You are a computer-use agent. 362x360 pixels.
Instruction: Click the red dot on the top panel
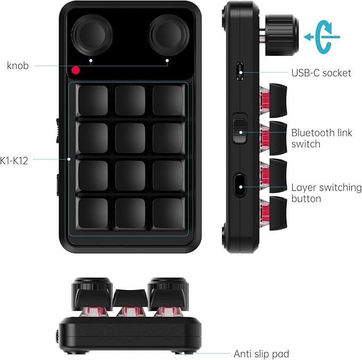(x=76, y=70)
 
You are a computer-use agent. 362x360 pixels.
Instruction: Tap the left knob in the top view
(x=92, y=35)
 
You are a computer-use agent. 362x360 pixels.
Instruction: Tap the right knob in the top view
(x=168, y=35)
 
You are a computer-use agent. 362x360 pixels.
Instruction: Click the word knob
(x=18, y=66)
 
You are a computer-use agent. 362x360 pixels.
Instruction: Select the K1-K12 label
(x=14, y=161)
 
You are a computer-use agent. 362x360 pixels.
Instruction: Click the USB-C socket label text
(x=321, y=73)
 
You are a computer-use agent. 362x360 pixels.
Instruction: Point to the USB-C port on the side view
(x=240, y=71)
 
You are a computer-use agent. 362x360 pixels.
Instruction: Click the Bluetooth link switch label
(x=321, y=138)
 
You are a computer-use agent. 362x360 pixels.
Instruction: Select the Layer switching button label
(x=326, y=193)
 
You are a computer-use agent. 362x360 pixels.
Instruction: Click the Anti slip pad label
(x=261, y=354)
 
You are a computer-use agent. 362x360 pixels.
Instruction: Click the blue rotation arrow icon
(x=322, y=37)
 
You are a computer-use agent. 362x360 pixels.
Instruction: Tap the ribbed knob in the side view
(x=282, y=35)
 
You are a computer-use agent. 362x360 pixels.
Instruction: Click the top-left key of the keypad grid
(x=93, y=100)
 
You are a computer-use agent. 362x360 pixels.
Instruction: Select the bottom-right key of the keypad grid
(x=167, y=213)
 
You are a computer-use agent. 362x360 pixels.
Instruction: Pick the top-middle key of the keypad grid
(x=130, y=100)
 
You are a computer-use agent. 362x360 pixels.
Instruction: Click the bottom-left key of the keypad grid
(x=93, y=213)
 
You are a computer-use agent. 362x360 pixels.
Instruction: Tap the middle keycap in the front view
(x=130, y=298)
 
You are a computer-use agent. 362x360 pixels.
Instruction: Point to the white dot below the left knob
(x=91, y=60)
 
